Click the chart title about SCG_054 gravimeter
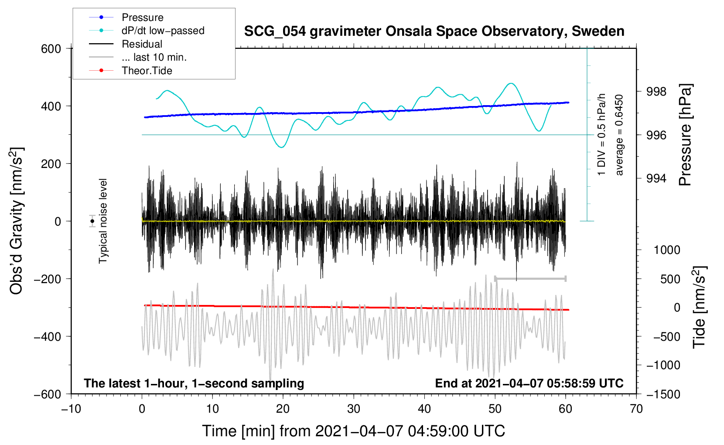(x=434, y=31)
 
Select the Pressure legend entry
(x=142, y=17)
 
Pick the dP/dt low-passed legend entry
(x=163, y=31)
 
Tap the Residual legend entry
(x=142, y=44)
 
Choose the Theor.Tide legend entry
(x=147, y=71)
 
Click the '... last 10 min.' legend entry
(x=154, y=58)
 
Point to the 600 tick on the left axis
(x=51, y=49)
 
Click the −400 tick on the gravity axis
(x=48, y=336)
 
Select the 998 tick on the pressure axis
(x=657, y=92)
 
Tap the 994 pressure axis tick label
(x=657, y=178)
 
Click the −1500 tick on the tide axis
(x=663, y=394)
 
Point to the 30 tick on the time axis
(x=354, y=409)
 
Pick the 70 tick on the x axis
(x=636, y=409)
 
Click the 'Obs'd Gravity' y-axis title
(x=17, y=221)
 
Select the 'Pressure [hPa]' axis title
(x=686, y=135)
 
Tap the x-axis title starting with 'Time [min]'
(x=354, y=431)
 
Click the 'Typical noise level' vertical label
(x=103, y=221)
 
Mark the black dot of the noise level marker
(x=92, y=221)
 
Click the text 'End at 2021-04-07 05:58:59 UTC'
(x=529, y=383)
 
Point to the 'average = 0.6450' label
(x=619, y=135)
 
